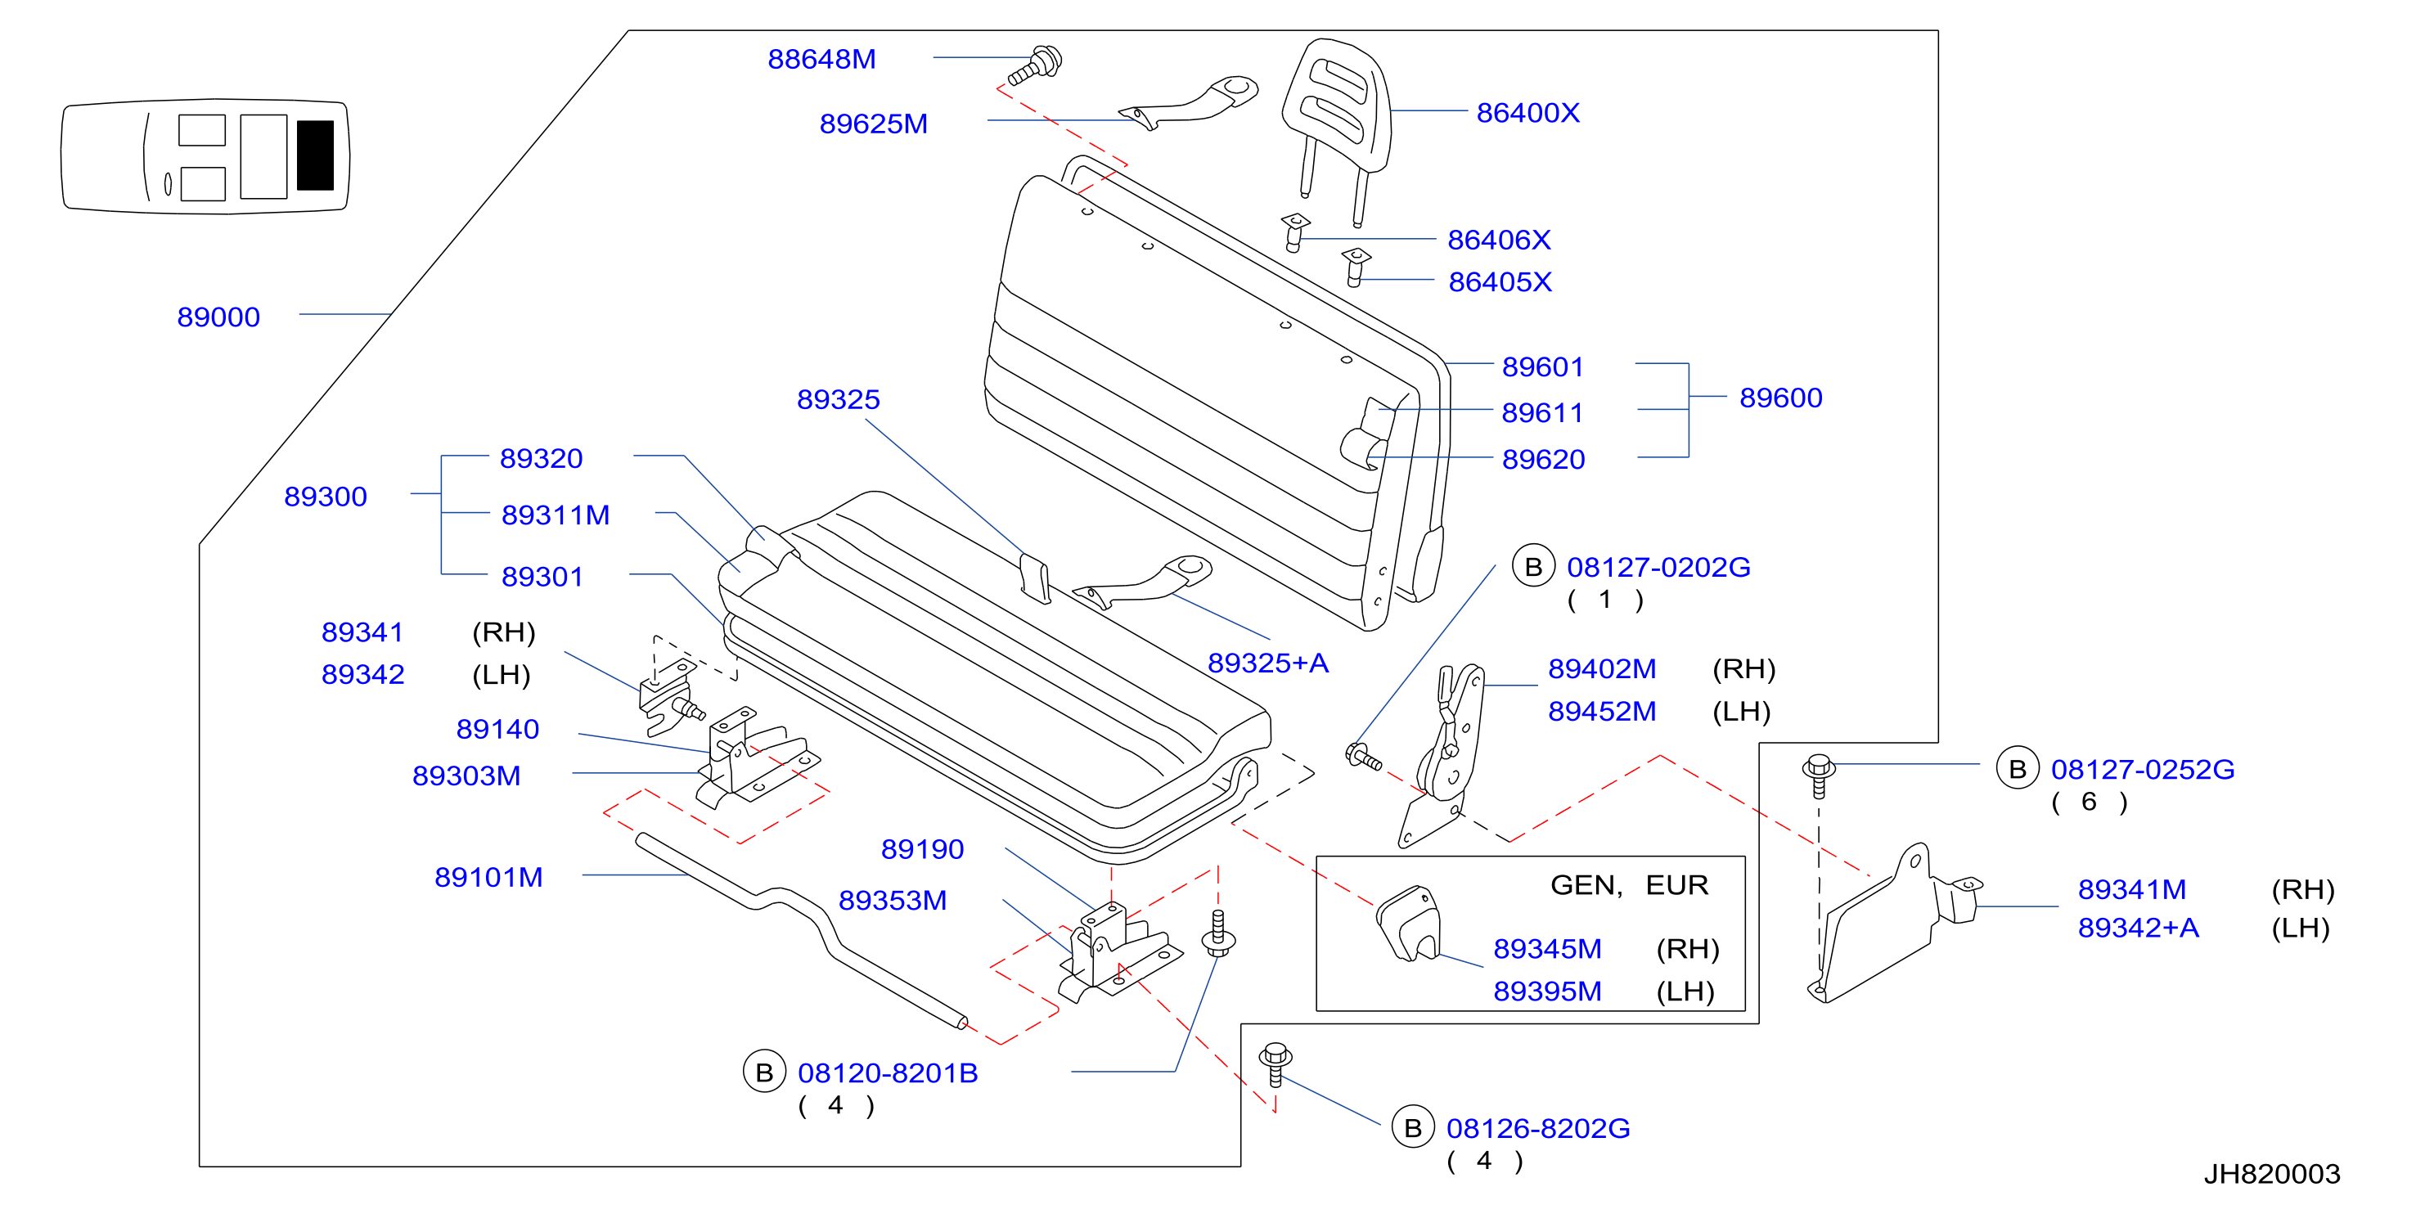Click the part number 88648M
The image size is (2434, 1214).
pos(821,60)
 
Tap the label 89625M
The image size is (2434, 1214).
pos(873,124)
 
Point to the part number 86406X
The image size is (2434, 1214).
pos(1499,240)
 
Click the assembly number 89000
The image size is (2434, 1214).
pos(218,317)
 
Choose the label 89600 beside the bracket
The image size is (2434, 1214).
pos(1780,398)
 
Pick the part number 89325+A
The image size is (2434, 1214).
pos(1268,663)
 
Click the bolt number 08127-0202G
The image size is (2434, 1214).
pos(1658,567)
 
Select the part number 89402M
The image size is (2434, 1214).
pos(1602,669)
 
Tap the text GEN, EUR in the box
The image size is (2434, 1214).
pos(1629,885)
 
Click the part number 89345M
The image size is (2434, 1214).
pos(1547,948)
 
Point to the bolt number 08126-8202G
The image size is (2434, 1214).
pos(1538,1128)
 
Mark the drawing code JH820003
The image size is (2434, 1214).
pos(2271,1173)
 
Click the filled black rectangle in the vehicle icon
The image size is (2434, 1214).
pos(315,155)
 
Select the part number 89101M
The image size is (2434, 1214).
pos(488,877)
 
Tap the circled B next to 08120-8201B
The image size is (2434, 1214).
pos(764,1072)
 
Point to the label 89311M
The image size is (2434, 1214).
pos(556,515)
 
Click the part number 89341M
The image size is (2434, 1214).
pos(2131,889)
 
